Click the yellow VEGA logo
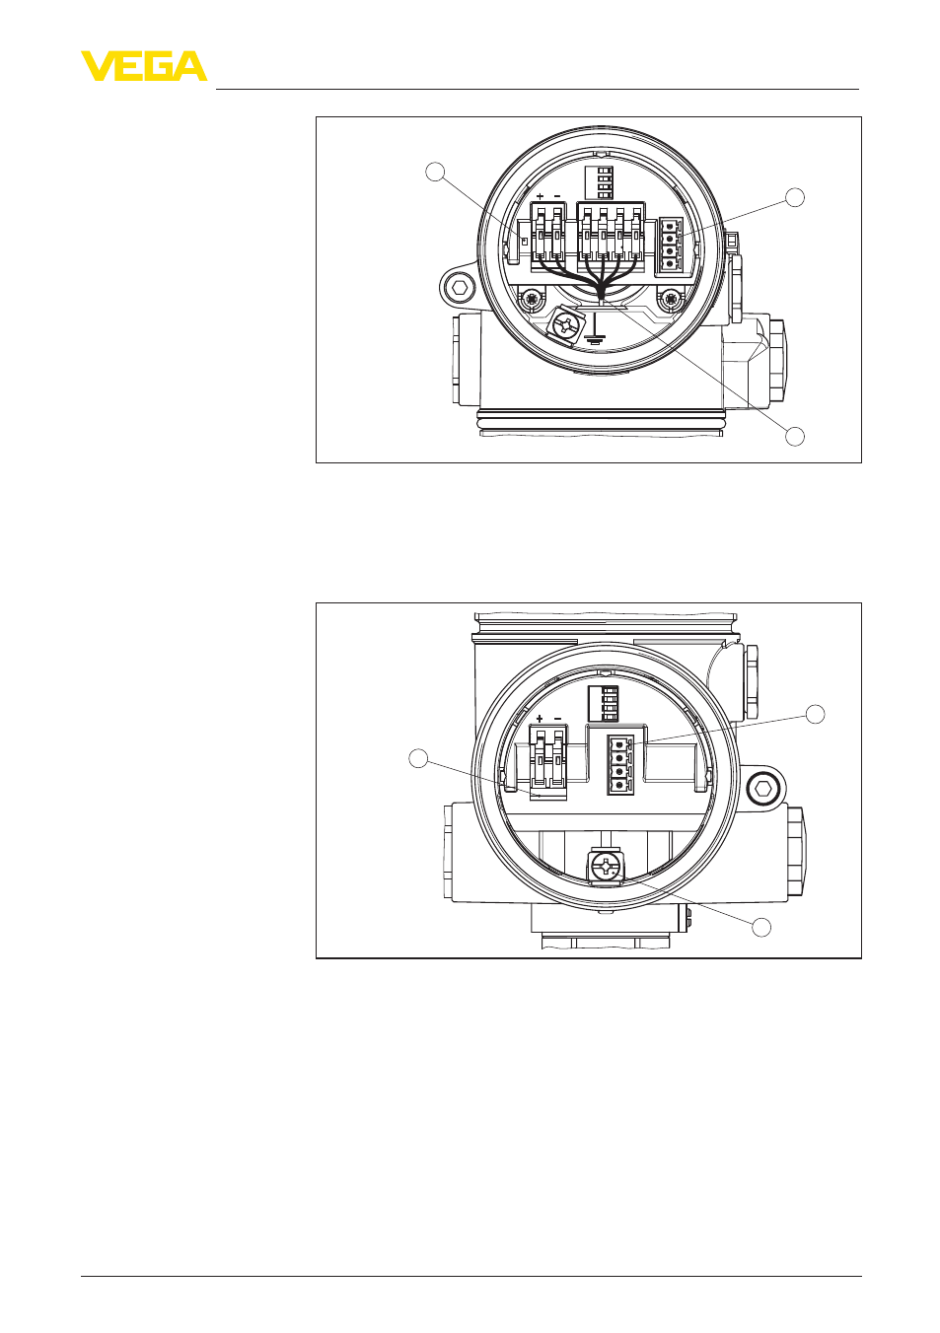[x=144, y=66]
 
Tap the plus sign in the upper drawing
[x=540, y=196]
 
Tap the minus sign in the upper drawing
[x=557, y=196]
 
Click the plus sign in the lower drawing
[x=541, y=719]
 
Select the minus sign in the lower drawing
[x=558, y=719]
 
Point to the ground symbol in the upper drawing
[x=595, y=333]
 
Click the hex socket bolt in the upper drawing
[x=461, y=288]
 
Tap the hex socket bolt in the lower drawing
[x=763, y=791]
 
